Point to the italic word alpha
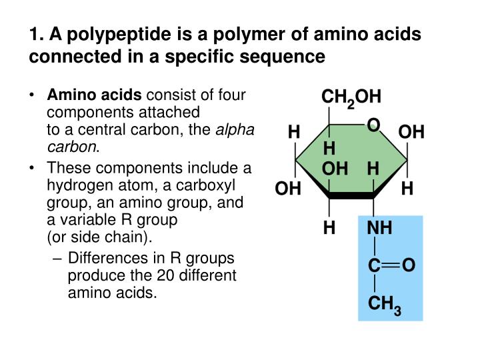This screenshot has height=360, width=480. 234,130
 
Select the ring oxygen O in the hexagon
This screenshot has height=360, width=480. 373,125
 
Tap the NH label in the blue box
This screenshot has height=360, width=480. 380,229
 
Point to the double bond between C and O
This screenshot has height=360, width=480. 392,266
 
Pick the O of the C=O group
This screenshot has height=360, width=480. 409,266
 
